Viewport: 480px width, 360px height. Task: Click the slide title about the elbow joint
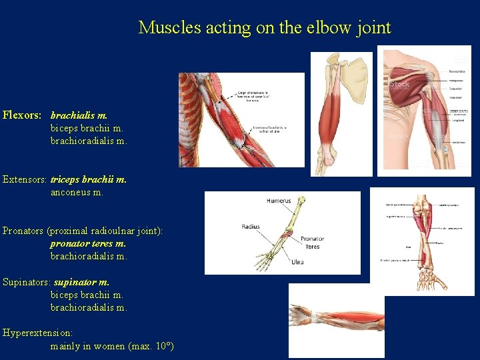click(264, 28)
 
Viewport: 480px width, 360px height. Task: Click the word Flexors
click(21, 115)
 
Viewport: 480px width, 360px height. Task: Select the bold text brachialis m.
click(79, 115)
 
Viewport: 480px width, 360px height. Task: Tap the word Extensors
click(25, 179)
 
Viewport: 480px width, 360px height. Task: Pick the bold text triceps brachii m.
click(89, 179)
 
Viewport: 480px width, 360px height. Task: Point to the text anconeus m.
click(77, 192)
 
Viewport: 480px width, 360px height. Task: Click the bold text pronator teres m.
click(88, 243)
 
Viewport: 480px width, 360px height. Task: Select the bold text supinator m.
click(81, 282)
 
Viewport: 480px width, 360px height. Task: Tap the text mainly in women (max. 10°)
click(112, 346)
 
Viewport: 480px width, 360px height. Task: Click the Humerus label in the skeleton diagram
click(279, 201)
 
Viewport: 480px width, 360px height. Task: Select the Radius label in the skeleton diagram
click(250, 227)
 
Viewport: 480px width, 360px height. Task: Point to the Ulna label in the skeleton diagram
click(297, 262)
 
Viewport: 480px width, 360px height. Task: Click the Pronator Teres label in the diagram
click(312, 242)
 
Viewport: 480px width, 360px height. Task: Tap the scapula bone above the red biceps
click(356, 70)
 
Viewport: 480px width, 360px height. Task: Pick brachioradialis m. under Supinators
click(89, 307)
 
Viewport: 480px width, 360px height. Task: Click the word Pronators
click(23, 231)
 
